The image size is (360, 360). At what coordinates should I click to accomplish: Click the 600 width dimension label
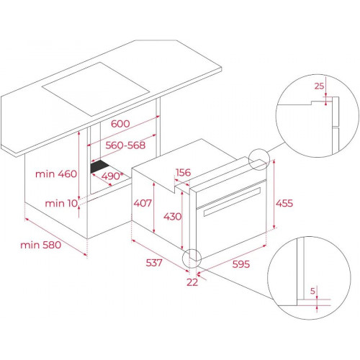(x=120, y=124)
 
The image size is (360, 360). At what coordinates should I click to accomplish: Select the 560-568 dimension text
(x=125, y=145)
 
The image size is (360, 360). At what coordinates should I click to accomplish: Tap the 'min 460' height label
(x=56, y=174)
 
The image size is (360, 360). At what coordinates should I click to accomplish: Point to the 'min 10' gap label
(x=61, y=203)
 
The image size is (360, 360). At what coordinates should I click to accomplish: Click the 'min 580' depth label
(x=41, y=245)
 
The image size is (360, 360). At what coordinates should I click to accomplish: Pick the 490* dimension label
(x=112, y=176)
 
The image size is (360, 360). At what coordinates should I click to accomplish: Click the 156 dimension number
(x=183, y=172)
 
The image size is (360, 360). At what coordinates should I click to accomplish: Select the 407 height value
(x=143, y=203)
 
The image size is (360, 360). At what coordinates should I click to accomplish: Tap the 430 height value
(x=173, y=217)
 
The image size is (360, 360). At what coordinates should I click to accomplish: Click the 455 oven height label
(x=284, y=203)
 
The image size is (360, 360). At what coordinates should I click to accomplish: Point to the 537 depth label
(x=154, y=263)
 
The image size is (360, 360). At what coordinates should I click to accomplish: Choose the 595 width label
(x=241, y=264)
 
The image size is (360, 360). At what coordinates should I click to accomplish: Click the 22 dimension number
(x=192, y=282)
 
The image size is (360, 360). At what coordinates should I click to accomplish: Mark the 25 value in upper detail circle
(x=319, y=86)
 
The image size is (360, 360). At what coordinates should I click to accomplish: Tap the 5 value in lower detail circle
(x=312, y=291)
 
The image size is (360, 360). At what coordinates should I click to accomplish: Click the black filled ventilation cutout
(x=99, y=166)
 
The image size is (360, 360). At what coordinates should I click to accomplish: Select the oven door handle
(x=232, y=201)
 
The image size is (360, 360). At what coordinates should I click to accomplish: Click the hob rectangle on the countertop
(x=96, y=89)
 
